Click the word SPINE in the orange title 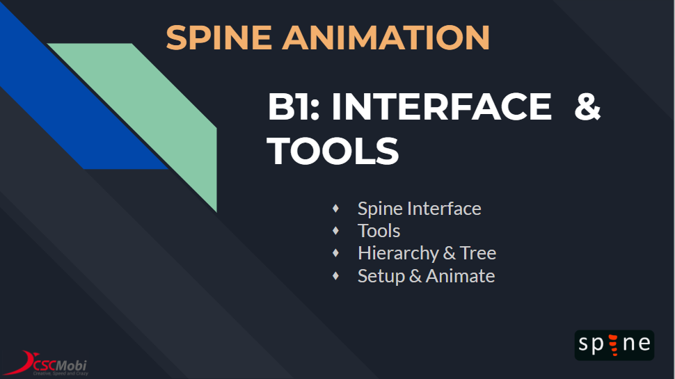pyautogui.click(x=219, y=38)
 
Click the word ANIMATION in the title pyautogui.click(x=386, y=38)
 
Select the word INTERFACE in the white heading pyautogui.click(x=441, y=106)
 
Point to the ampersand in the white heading pyautogui.click(x=587, y=106)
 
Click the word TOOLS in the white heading pyautogui.click(x=333, y=151)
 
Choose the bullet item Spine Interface pyautogui.click(x=420, y=209)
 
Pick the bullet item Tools pyautogui.click(x=379, y=231)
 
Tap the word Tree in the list pyautogui.click(x=478, y=253)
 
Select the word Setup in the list pyautogui.click(x=381, y=276)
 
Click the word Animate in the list pyautogui.click(x=460, y=276)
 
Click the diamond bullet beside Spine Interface pyautogui.click(x=336, y=209)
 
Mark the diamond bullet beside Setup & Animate pyautogui.click(x=336, y=276)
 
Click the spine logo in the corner pyautogui.click(x=614, y=345)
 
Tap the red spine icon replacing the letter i pyautogui.click(x=614, y=345)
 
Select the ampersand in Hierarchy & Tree pyautogui.click(x=449, y=253)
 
